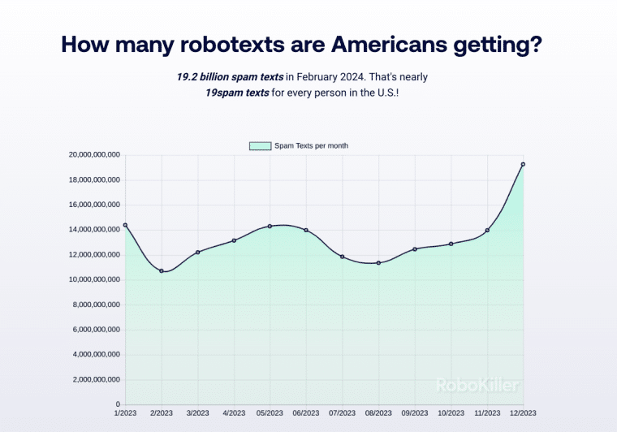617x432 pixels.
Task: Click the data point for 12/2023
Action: coord(523,164)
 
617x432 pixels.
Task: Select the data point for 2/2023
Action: coord(162,270)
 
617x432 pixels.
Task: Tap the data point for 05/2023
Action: coord(270,226)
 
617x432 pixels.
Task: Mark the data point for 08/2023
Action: coord(378,262)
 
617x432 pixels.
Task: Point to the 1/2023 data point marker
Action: coord(125,225)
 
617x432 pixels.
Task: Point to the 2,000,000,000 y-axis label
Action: coord(96,379)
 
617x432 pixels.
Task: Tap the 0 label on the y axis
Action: coord(118,404)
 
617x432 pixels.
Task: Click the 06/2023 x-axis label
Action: coord(305,413)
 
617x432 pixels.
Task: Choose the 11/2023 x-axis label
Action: coord(486,413)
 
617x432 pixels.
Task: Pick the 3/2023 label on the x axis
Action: coord(197,413)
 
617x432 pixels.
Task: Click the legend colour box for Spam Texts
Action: coord(260,145)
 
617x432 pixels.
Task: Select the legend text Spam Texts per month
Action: coord(311,145)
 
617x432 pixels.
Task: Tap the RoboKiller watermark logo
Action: coord(477,385)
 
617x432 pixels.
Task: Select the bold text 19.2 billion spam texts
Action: coord(230,76)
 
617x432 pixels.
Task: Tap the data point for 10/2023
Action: coord(451,244)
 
